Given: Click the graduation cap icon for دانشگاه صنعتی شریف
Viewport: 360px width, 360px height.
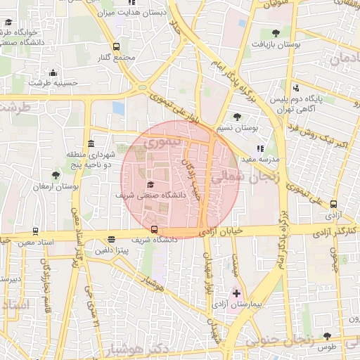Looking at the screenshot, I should [x=150, y=184].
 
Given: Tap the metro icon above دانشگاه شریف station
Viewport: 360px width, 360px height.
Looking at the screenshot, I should [x=154, y=229].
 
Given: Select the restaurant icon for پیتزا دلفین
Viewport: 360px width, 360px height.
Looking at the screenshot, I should [x=112, y=240].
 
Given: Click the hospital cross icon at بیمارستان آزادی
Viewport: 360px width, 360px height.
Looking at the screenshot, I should [x=236, y=292].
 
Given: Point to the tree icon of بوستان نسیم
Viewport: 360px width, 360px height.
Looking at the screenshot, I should [x=237, y=117].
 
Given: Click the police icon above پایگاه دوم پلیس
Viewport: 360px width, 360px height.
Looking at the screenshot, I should [x=295, y=89].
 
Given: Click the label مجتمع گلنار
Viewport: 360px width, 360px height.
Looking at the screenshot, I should [x=113, y=56].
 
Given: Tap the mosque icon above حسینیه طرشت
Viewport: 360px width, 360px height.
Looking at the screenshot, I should [x=53, y=72].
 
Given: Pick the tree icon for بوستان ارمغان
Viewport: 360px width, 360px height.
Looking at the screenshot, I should [x=56, y=175].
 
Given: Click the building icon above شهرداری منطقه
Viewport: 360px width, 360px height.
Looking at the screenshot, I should [x=89, y=143].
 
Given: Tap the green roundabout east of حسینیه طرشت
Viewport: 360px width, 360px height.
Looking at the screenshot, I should [x=143, y=87].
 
